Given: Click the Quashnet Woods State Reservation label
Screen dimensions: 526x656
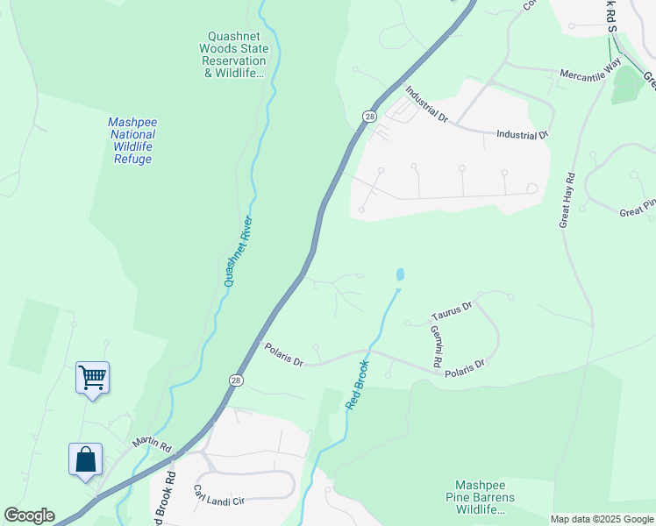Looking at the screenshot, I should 233,54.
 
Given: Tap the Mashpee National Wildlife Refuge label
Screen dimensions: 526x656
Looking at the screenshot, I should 132,140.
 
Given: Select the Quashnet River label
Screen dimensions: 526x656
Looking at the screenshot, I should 238,251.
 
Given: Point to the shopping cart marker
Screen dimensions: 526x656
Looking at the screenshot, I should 92,378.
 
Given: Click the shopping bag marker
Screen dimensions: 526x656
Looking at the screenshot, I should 85,458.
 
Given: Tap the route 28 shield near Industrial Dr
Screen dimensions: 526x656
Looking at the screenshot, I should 370,117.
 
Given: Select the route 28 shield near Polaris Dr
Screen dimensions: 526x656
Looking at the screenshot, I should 236,380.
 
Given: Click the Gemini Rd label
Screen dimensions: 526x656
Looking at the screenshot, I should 435,345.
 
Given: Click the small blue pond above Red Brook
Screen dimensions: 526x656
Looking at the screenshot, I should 400,275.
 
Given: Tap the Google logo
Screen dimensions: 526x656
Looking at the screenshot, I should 29,515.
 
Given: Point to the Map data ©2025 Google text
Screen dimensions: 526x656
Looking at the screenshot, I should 602,519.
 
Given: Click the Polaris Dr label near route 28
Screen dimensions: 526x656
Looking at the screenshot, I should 283,355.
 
